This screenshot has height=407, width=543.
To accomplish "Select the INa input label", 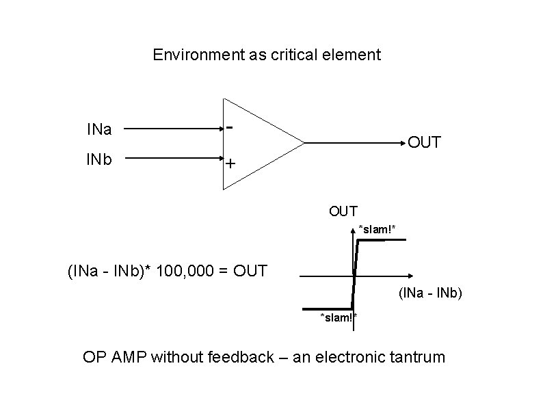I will pos(99,128).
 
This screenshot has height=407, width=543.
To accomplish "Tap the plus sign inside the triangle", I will pos(230,164).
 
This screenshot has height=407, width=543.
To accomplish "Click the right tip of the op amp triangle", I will pos(304,144).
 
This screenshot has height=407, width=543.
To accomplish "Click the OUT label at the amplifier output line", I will pos(424,143).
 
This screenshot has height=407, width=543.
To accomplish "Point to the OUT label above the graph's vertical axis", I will pos(343,211).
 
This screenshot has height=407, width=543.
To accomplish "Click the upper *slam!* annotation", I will pos(377,228).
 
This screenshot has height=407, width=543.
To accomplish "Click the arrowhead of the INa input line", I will pos(217,128).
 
